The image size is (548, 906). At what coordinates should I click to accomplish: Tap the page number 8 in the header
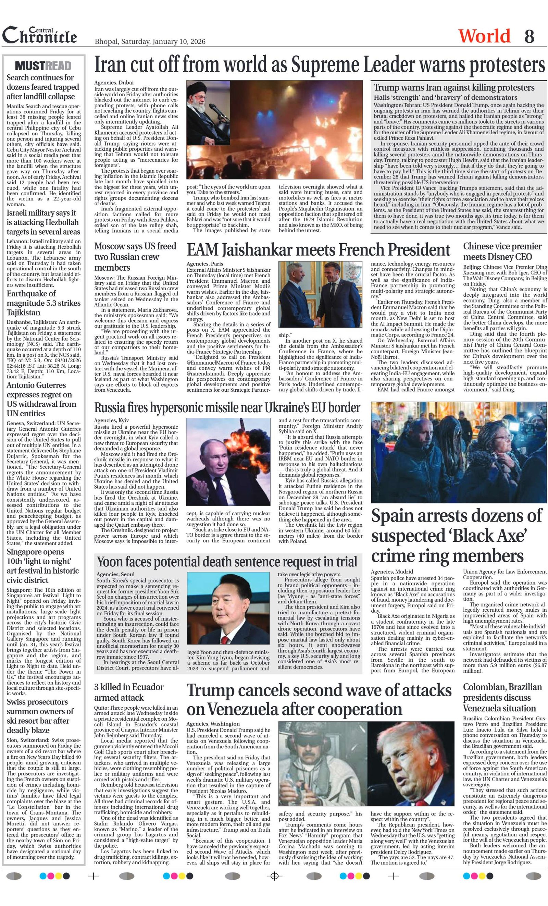(529, 36)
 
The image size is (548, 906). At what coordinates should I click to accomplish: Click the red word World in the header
(484, 36)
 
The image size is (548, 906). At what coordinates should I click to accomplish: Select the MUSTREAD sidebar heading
(43, 66)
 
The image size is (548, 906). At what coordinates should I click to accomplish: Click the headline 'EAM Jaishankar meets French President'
(318, 250)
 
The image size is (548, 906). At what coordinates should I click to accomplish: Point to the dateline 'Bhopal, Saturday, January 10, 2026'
(150, 41)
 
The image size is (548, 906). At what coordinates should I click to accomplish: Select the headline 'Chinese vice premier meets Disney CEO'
(502, 252)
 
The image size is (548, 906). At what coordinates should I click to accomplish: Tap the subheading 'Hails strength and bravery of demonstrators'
(446, 97)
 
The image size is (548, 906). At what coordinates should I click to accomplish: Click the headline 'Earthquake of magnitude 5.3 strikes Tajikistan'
(43, 303)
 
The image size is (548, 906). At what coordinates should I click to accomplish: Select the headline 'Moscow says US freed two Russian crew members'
(135, 257)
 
